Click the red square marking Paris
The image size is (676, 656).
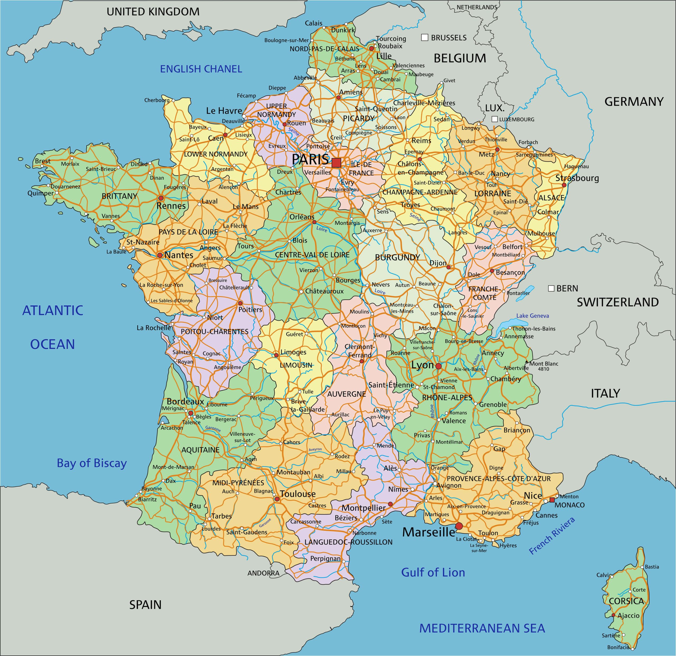[x=336, y=163]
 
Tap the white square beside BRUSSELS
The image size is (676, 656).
[x=425, y=37]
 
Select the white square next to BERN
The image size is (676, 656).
[x=551, y=288]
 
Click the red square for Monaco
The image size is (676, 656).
[x=552, y=500]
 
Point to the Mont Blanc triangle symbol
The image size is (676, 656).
[x=526, y=362]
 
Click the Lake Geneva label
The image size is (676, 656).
[x=533, y=316]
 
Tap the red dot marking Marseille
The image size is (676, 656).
[x=459, y=526]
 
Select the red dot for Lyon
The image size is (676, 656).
[x=438, y=366]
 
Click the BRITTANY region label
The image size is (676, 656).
[x=119, y=196]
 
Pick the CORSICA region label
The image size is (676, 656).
[x=626, y=601]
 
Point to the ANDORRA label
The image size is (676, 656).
[x=263, y=573]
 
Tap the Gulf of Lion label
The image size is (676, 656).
[x=433, y=573]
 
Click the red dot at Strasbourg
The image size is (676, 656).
[x=564, y=185]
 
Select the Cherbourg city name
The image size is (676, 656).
[x=157, y=100]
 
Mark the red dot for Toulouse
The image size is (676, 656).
[x=277, y=499]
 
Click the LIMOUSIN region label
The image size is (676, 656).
[x=296, y=365]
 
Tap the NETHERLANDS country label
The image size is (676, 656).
[x=477, y=7]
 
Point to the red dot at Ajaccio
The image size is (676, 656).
[x=613, y=615]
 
